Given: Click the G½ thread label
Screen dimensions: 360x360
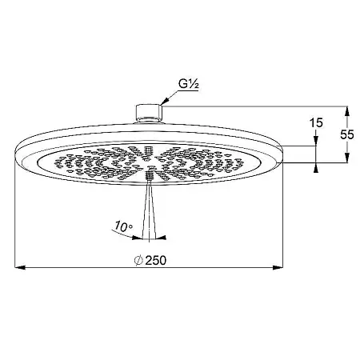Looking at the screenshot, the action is coord(189,84).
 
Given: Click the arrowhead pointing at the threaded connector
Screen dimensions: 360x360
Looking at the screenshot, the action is coord(166,101).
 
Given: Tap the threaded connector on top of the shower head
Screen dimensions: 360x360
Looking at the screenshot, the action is coord(149,114).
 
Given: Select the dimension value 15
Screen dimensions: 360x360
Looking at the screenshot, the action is coord(316,123).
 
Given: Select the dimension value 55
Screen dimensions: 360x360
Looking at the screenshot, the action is coord(347,134).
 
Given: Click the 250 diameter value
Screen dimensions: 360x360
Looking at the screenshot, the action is coord(156,260).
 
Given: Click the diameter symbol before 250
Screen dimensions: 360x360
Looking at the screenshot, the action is coord(138,260).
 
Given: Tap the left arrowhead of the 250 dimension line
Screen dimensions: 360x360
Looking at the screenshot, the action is coord(20,266).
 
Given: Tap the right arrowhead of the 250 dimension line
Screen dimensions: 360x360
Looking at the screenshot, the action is coord(278,266).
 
